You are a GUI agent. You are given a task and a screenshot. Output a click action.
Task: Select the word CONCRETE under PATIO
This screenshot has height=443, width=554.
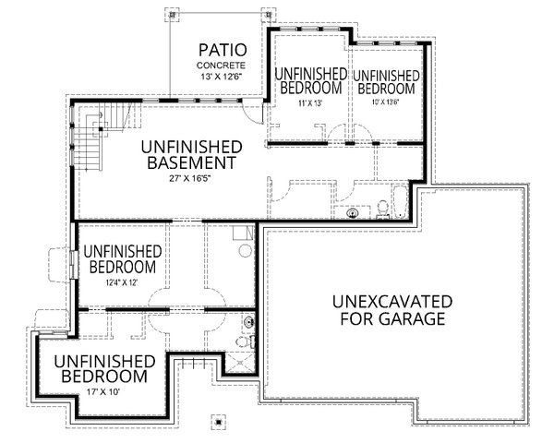coord(221,66)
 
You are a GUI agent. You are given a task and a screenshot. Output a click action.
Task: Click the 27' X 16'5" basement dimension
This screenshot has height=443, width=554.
coord(191,179)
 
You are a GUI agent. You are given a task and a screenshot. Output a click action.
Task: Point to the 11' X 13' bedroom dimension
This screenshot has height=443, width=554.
coord(306,103)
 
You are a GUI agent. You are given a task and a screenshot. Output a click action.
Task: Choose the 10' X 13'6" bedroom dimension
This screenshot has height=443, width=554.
coord(385,103)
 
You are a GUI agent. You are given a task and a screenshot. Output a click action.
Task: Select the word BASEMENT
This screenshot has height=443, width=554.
coord(191,163)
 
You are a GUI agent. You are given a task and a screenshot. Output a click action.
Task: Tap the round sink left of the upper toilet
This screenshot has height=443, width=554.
coord(351,213)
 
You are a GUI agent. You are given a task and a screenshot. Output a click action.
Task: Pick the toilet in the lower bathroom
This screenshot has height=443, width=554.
coord(242,341)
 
